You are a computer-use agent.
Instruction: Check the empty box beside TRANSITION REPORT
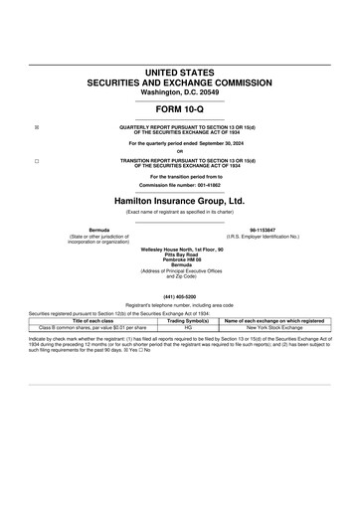pyautogui.click(x=37, y=160)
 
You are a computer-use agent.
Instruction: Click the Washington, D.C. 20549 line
pyautogui.click(x=179, y=92)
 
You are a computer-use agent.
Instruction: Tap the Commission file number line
pyautogui.click(x=179, y=185)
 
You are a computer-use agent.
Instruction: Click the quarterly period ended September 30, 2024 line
pyautogui.click(x=179, y=144)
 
